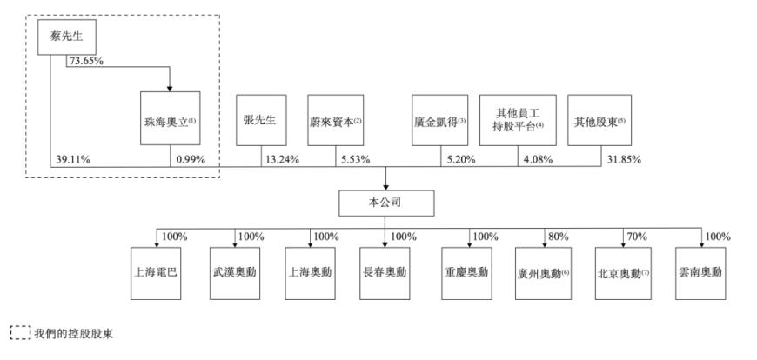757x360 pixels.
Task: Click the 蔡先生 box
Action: (68, 38)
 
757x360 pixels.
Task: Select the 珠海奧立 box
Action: (170, 118)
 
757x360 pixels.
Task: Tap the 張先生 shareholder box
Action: (261, 120)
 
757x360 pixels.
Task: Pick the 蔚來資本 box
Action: (336, 120)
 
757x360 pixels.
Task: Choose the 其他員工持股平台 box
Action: (518, 120)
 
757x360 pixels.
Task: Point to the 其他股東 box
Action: (600, 120)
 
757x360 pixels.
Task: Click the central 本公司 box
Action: (386, 203)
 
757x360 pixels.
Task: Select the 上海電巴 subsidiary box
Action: (156, 273)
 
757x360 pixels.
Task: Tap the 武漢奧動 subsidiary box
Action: (235, 273)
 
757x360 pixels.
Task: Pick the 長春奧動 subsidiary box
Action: (385, 273)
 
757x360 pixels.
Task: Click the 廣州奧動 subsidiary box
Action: (544, 273)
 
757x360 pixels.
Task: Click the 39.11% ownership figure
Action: (72, 160)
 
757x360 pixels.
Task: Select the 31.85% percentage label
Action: (624, 160)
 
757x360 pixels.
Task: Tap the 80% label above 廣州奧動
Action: (559, 237)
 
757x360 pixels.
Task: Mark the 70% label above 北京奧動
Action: (637, 237)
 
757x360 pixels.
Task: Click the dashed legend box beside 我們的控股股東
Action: (20, 333)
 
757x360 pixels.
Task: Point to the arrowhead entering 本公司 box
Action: (385, 187)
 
